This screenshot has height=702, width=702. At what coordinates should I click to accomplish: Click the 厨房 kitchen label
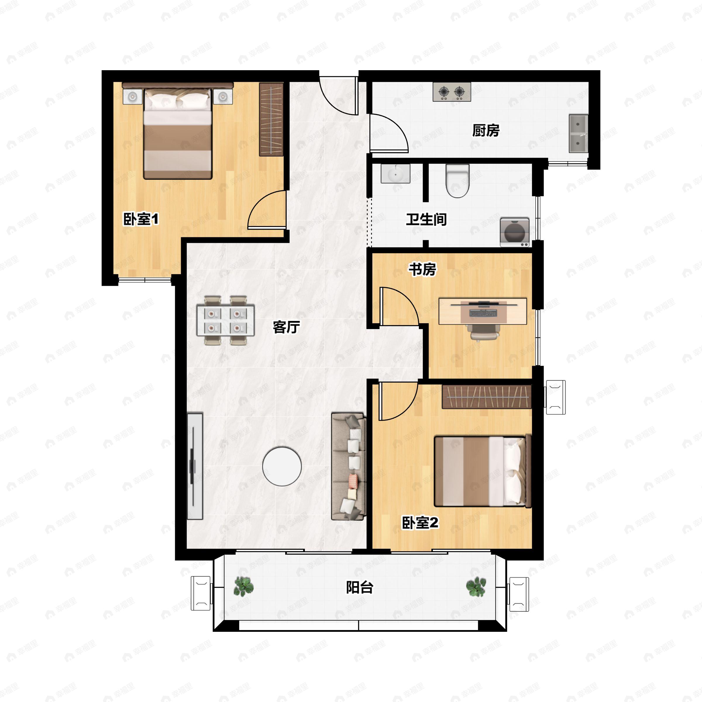coord(486,130)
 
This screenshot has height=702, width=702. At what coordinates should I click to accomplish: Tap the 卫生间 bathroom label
coord(426,219)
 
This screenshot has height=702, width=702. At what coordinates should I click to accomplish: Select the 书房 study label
coord(422,269)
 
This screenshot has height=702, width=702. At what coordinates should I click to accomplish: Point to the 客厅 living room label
coord(286,327)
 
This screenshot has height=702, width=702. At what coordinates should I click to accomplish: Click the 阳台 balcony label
coord(359,587)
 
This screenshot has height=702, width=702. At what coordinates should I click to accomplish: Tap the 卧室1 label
coord(141,219)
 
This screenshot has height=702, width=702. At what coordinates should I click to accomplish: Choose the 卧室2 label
coord(420,523)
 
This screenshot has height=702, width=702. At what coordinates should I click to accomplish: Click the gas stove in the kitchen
coord(452,92)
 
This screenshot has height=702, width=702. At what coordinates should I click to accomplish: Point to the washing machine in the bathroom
coord(515,233)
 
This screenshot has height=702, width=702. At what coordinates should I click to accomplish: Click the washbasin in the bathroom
coord(395,174)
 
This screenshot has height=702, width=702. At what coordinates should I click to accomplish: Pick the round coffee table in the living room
coord(282,466)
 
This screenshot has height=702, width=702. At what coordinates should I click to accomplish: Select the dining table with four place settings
coord(225,320)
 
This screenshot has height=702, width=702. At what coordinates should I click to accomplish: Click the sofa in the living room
coord(348,466)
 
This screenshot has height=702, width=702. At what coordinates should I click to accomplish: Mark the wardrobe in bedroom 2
coord(486,397)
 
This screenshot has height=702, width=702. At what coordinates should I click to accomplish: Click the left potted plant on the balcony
coord(243,586)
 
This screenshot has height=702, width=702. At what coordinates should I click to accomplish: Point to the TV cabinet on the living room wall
coord(195,466)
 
